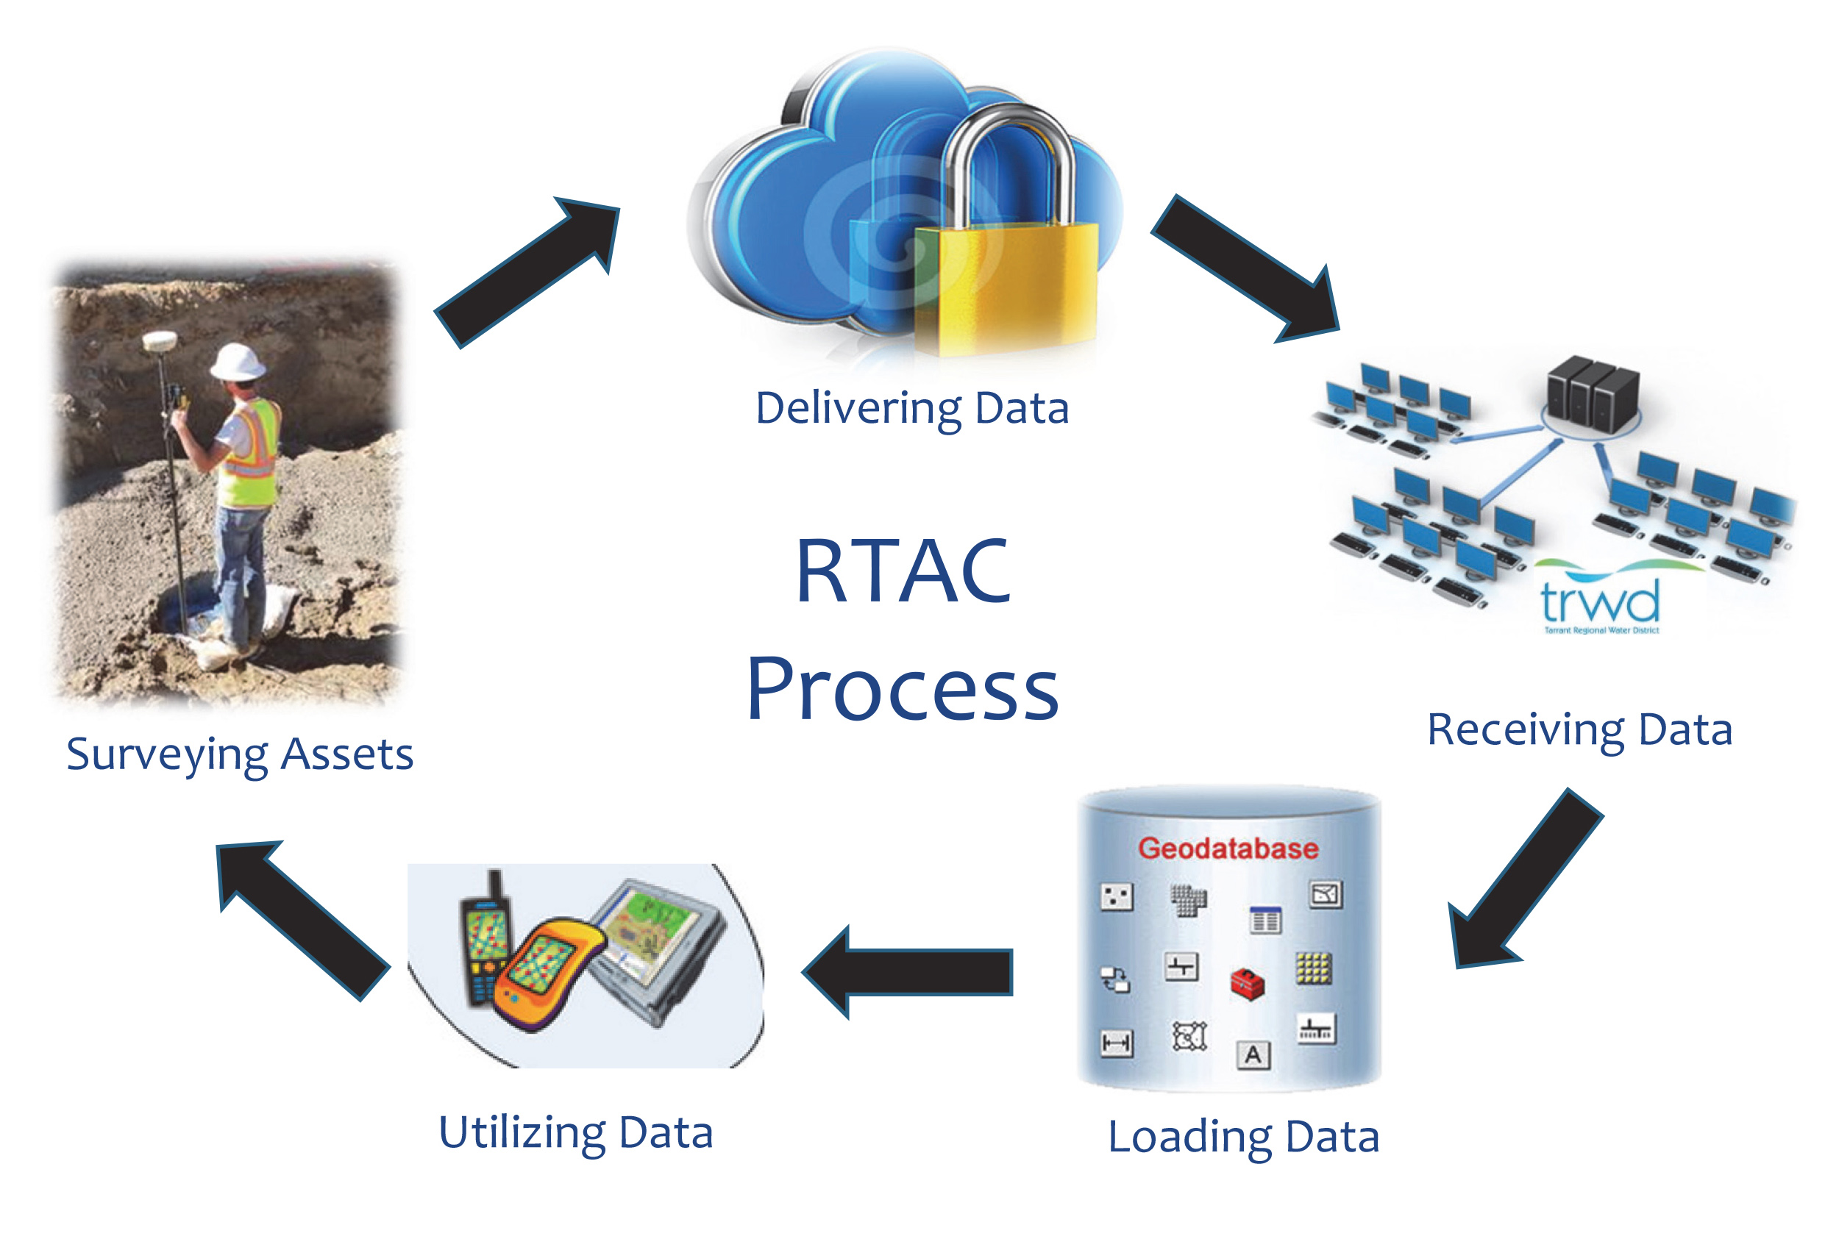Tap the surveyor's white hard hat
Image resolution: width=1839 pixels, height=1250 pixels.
tap(238, 362)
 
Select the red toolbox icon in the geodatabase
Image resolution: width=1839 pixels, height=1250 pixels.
tap(1247, 984)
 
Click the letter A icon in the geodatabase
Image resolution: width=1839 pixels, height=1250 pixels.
tap(1253, 1054)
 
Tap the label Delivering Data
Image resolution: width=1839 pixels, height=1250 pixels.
tap(912, 409)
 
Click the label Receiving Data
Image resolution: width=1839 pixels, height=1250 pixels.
tap(1579, 729)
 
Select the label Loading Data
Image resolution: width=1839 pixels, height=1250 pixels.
tap(1243, 1137)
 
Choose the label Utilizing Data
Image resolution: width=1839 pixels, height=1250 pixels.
tap(576, 1133)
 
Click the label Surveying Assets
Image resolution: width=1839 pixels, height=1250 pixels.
tap(240, 754)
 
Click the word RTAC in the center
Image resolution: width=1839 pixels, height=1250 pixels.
tap(903, 571)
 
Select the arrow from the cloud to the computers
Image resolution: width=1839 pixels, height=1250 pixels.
tap(1246, 269)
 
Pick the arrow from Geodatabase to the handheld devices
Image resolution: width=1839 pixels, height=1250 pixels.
tap(910, 971)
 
